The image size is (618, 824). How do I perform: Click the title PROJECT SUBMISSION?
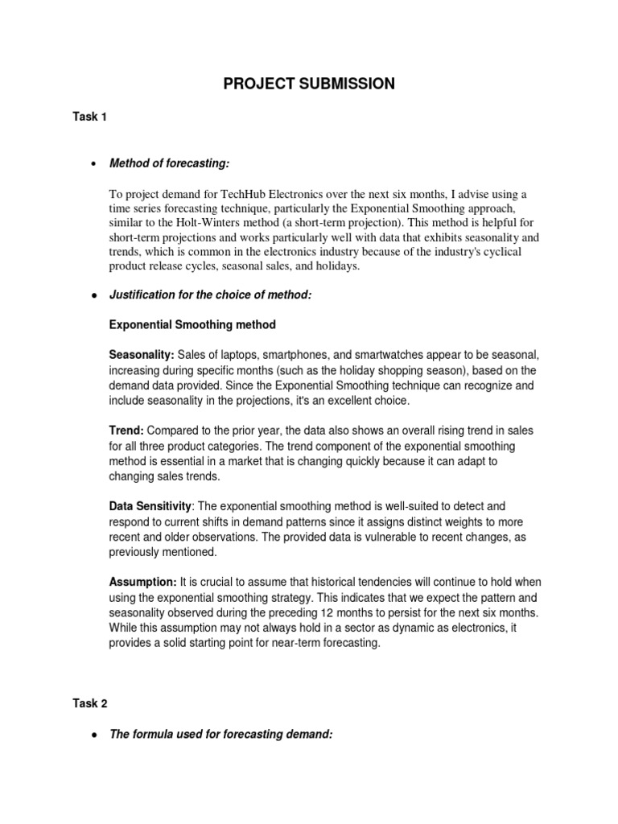309,84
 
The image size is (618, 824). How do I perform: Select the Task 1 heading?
89,117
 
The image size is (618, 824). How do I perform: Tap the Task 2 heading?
89,702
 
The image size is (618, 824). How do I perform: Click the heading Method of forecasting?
169,163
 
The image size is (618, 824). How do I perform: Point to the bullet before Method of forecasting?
95,164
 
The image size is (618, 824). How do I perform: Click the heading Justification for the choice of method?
209,296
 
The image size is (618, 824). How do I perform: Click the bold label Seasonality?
141,355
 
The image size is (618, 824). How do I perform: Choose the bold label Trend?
126,431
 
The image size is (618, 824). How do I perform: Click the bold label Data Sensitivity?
150,506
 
